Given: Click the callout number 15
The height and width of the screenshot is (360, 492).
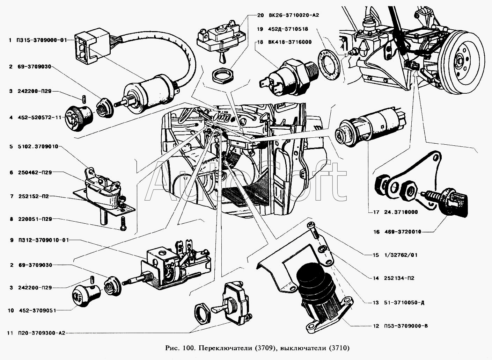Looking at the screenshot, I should tap(376, 255).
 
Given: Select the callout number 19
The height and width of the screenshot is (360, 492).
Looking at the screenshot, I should tap(259, 29).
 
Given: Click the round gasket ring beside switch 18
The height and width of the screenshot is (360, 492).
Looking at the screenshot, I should tap(329, 65).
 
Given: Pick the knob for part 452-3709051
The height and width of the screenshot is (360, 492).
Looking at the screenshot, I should tap(82, 296).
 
